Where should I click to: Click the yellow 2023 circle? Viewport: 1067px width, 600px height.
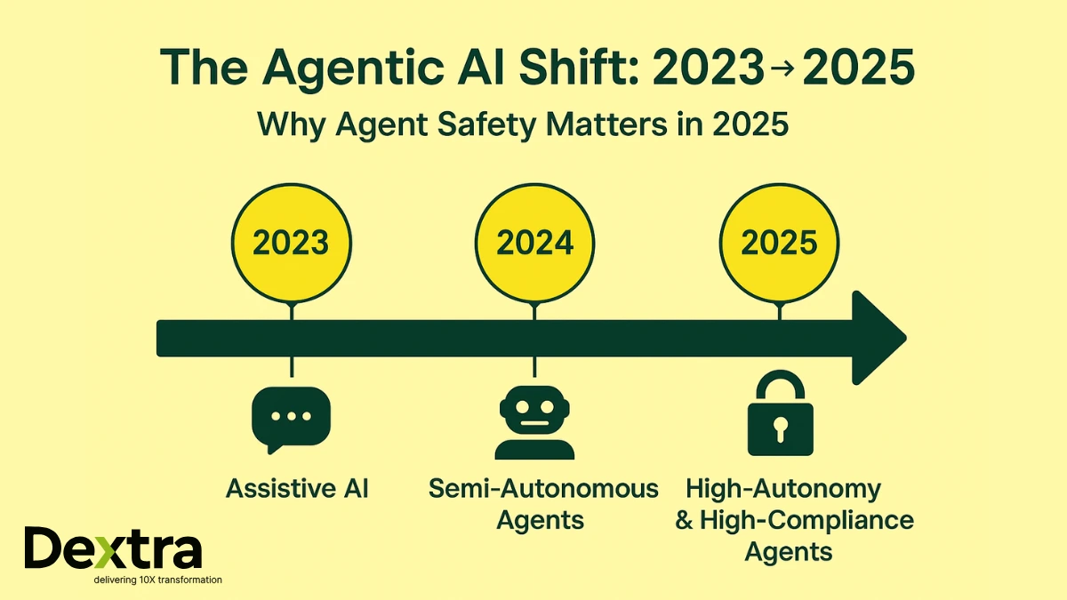[x=291, y=242]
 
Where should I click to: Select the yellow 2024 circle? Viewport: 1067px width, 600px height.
[x=533, y=242]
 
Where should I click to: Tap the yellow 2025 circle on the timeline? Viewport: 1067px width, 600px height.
[x=780, y=242]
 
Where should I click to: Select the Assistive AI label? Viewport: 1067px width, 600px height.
[x=297, y=488]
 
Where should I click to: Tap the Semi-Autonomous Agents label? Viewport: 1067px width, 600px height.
[x=543, y=503]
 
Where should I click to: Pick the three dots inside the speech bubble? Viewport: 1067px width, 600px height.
[x=291, y=416]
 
